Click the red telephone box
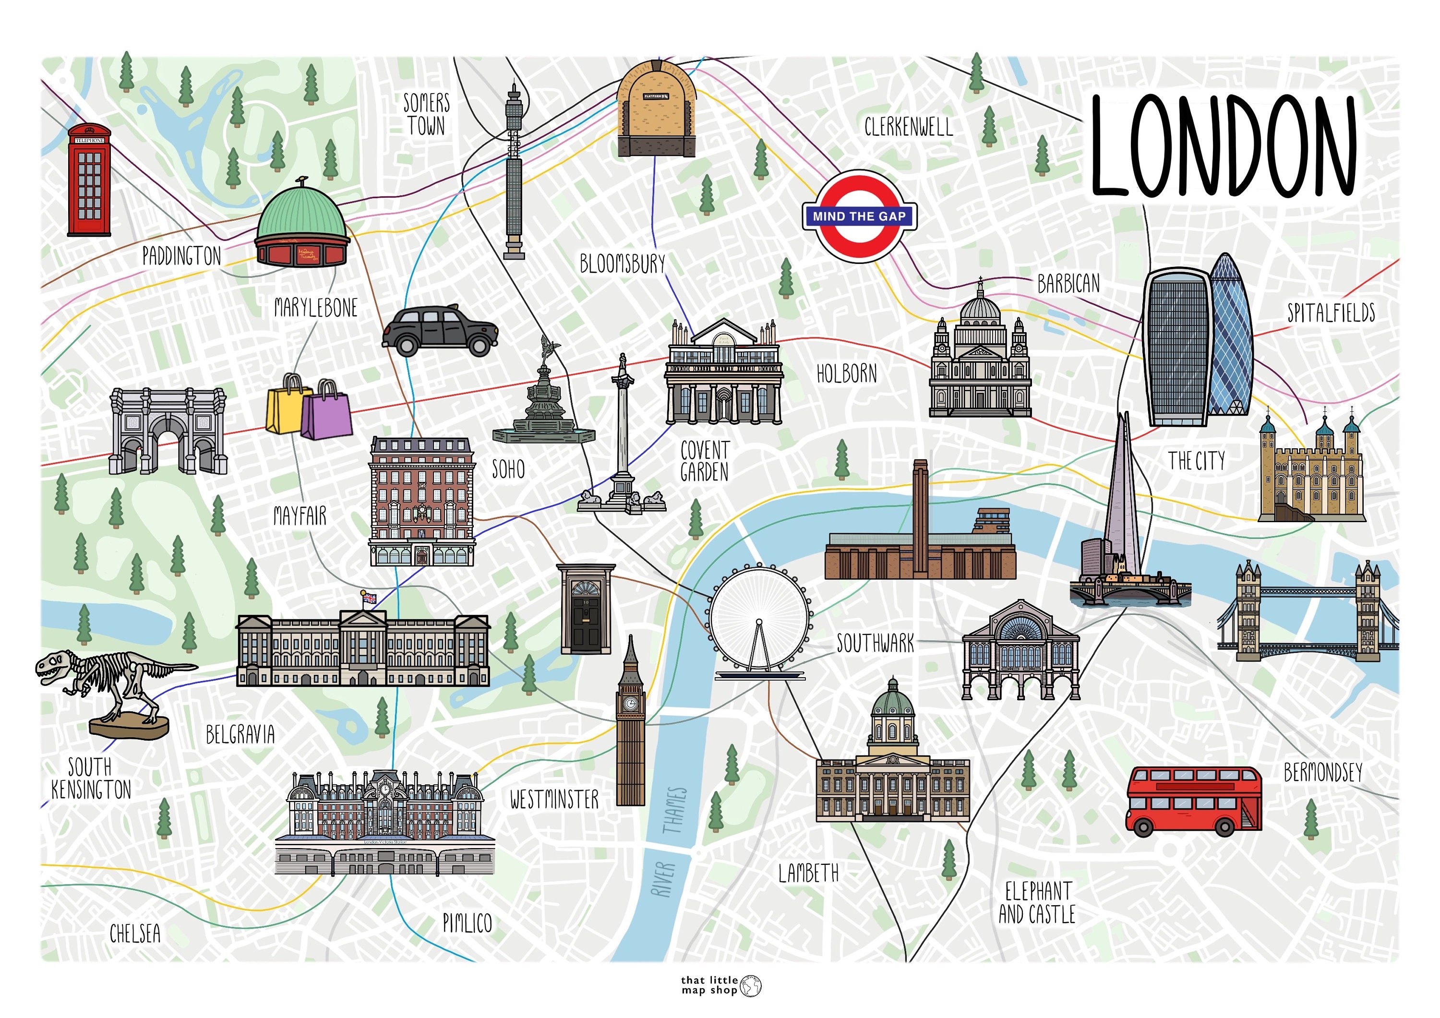point(89,180)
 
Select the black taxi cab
point(440,331)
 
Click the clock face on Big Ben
point(630,704)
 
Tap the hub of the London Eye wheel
point(759,622)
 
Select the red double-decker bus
point(1193,801)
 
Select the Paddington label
point(181,256)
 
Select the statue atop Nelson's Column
point(622,364)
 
